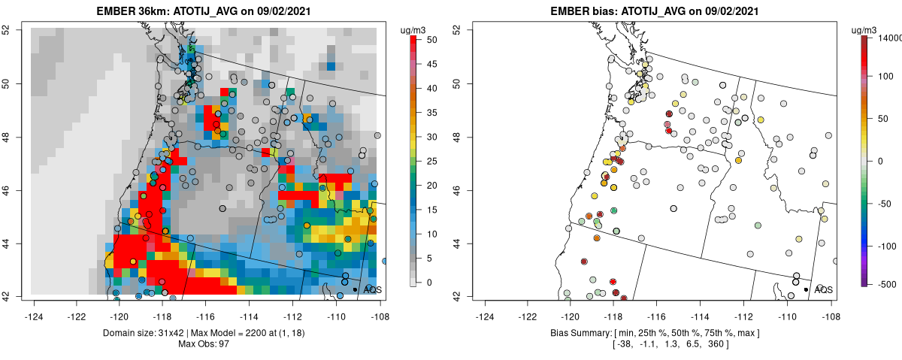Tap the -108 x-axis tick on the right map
pyautogui.click(x=830, y=307)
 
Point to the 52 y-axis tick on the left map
pyautogui.click(x=15, y=29)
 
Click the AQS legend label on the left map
pyautogui.click(x=373, y=289)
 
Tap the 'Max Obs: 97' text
pyautogui.click(x=204, y=343)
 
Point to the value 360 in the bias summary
pyautogui.click(x=715, y=343)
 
